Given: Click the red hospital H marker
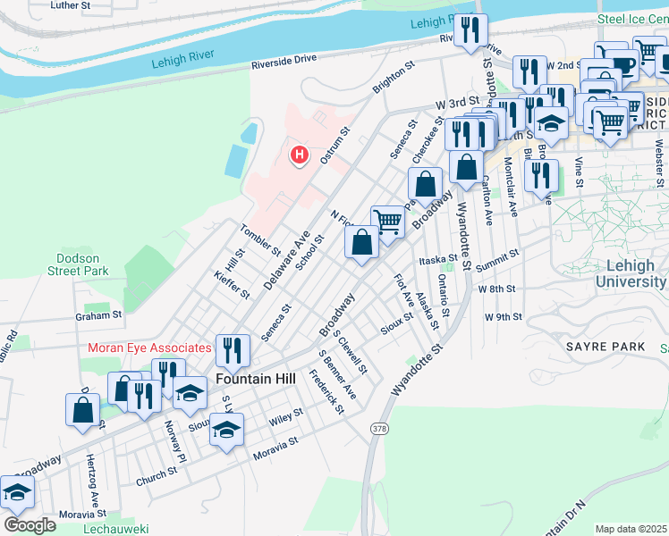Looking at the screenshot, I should tap(300, 155).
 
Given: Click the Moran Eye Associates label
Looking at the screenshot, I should tap(149, 347).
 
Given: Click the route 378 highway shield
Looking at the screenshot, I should tap(379, 430).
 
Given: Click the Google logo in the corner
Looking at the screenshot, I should tap(30, 524).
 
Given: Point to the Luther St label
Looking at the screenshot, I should tap(71, 5).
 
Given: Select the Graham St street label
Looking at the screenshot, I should tap(98, 315).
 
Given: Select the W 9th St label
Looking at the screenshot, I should tap(503, 317).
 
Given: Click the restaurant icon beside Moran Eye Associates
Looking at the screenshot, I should tap(233, 350).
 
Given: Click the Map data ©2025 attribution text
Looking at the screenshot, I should tap(631, 529).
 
